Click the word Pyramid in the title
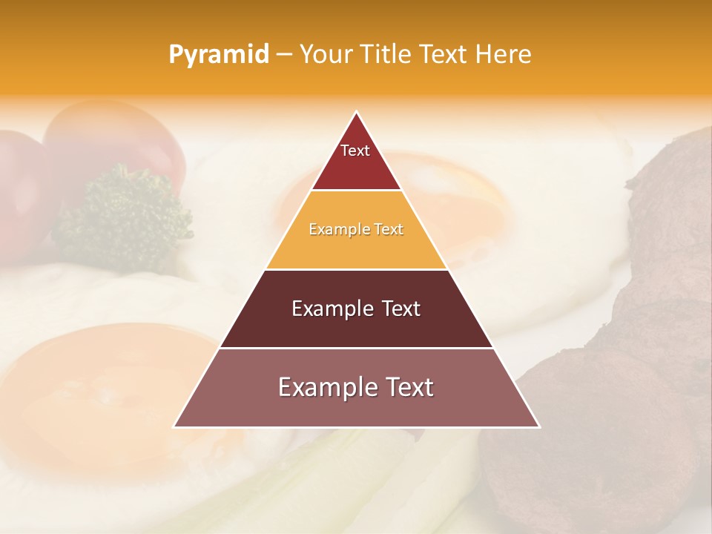pyautogui.click(x=218, y=55)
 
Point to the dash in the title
pyautogui.click(x=284, y=55)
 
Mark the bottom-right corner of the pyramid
pyautogui.click(x=538, y=426)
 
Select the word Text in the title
pyautogui.click(x=444, y=55)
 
